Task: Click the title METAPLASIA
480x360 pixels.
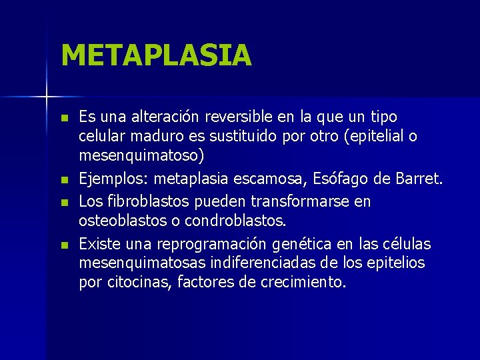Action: tap(156, 55)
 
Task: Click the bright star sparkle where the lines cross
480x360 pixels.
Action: tap(47, 97)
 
